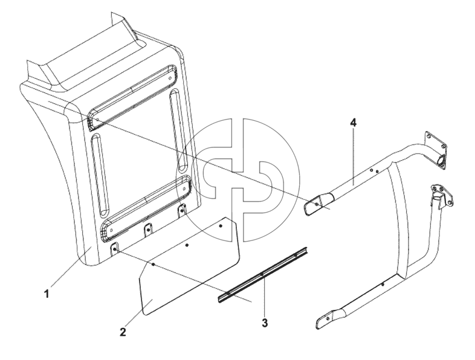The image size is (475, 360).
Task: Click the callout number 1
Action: point(47,294)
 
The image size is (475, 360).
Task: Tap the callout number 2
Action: point(123,332)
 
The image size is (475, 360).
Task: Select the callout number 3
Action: point(265,323)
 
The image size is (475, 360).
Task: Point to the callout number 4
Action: point(353,123)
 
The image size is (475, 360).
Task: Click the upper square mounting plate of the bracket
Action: point(436,149)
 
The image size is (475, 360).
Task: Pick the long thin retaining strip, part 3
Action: point(263,275)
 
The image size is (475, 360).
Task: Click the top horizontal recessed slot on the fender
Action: point(132,97)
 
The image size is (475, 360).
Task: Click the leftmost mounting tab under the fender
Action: point(115,249)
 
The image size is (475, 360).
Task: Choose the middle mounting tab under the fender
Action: point(148,230)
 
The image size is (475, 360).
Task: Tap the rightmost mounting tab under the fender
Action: point(182,210)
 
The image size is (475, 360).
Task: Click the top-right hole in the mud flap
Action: point(221,225)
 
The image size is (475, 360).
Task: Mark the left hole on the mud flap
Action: point(153,265)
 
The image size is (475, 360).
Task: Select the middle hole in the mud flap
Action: point(187,245)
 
